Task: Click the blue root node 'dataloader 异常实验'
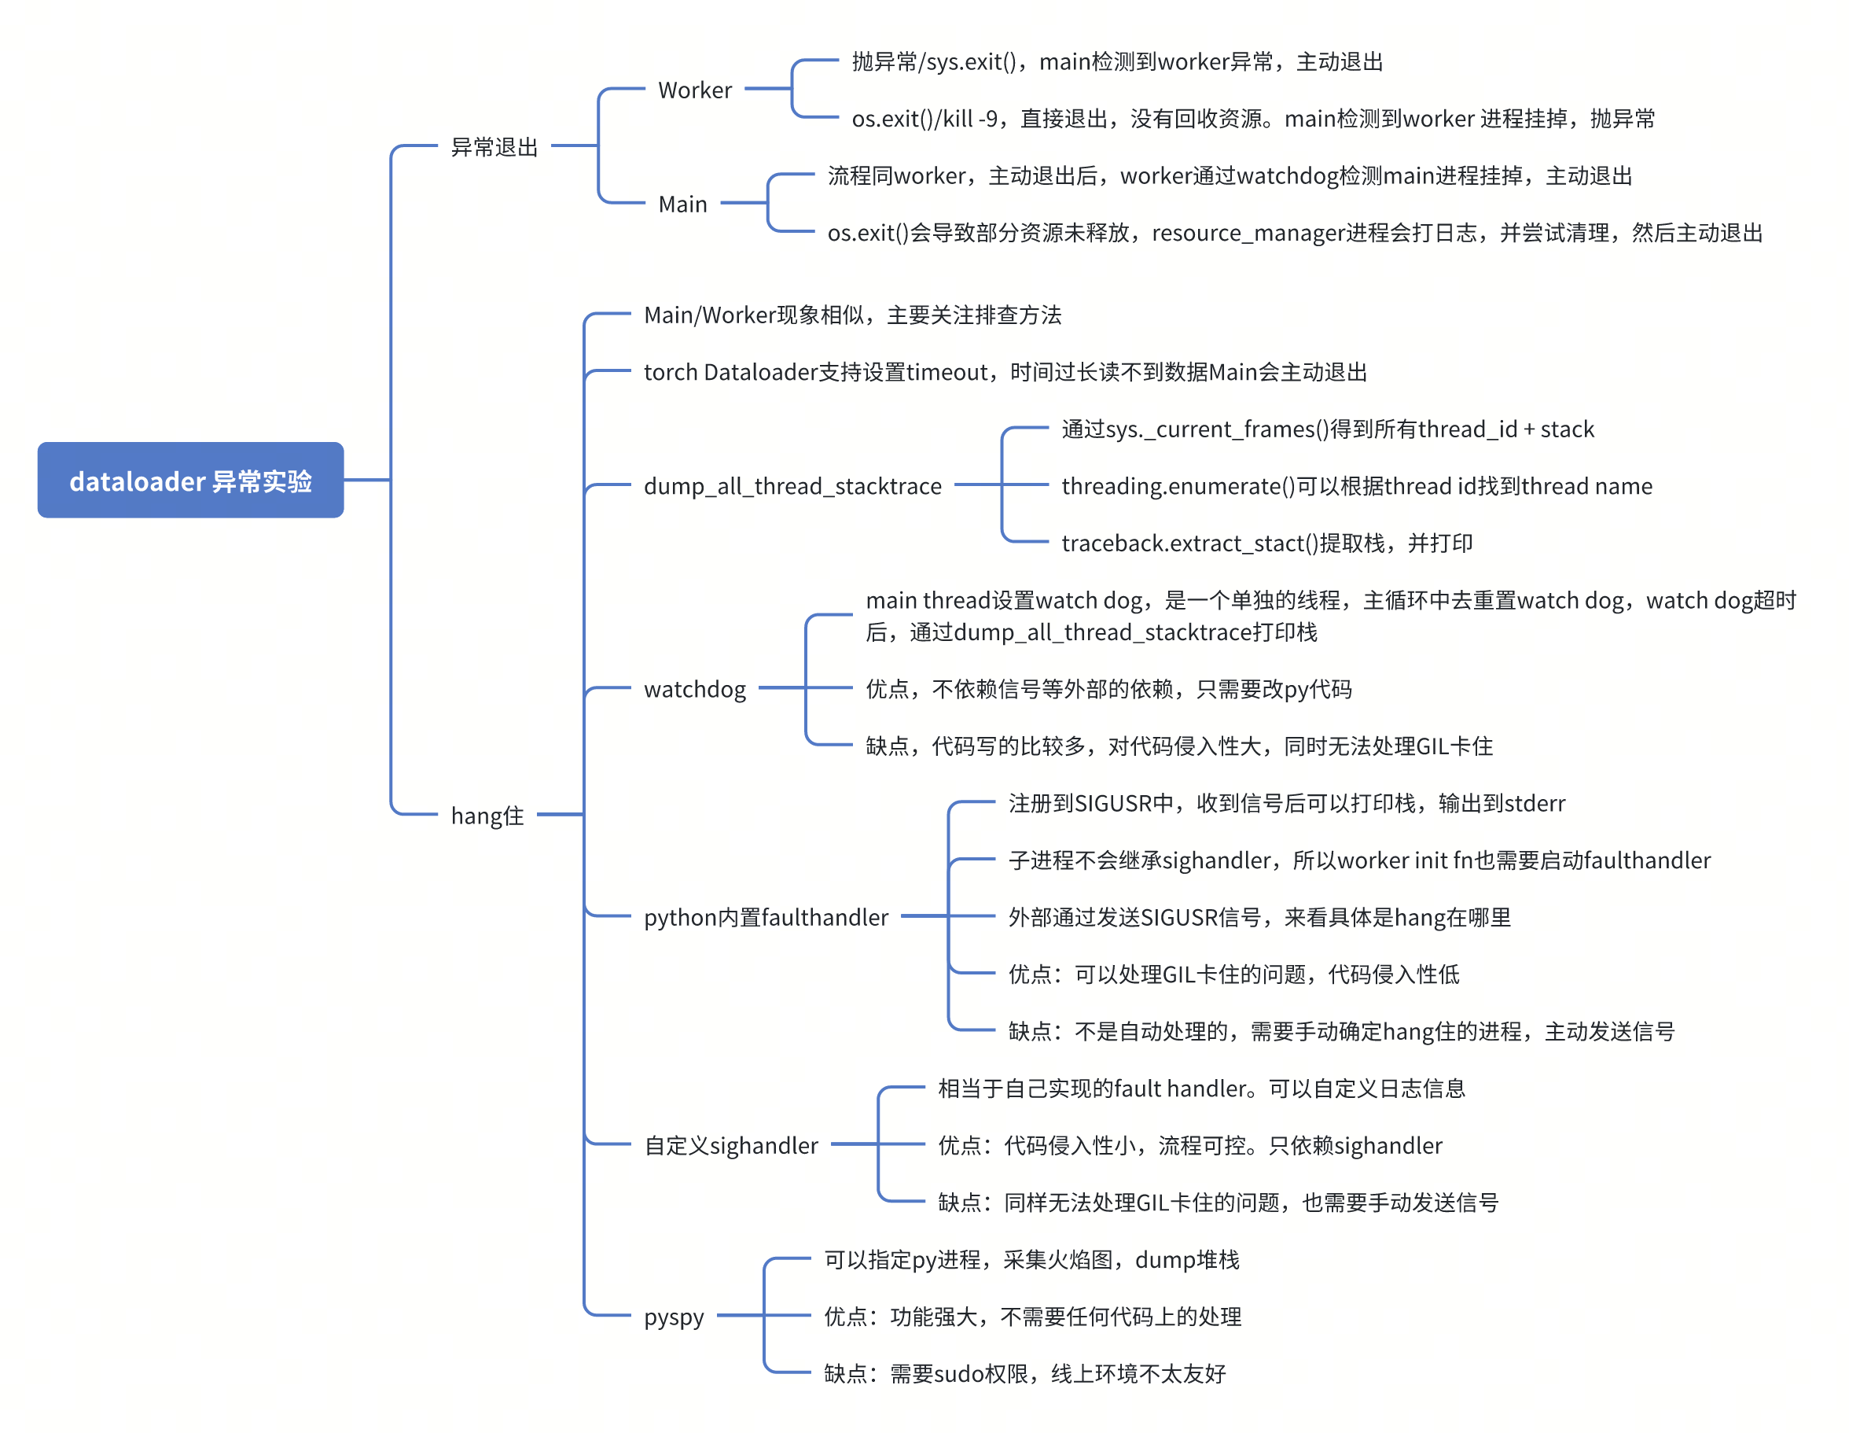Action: tap(190, 481)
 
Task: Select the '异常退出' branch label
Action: tap(494, 147)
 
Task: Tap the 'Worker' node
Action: tap(694, 90)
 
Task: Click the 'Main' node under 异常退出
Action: tap(682, 204)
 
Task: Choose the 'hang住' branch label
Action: tap(487, 816)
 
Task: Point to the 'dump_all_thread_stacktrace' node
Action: tap(792, 486)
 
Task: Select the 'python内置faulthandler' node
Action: tap(766, 917)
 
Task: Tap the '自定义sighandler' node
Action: tap(731, 1146)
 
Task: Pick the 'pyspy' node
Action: tap(674, 1317)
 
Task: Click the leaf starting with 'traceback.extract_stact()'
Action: tap(1267, 543)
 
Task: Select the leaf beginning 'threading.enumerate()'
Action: tap(1357, 486)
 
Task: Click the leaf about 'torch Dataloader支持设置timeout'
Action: tap(1005, 372)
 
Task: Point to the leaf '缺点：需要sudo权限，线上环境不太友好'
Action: tap(1025, 1374)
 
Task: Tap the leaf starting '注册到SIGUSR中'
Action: tap(1287, 803)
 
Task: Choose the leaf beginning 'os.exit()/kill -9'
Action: tap(1253, 119)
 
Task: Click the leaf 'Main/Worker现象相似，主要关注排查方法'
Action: tap(852, 315)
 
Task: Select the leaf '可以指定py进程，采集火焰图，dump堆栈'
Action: tap(1032, 1260)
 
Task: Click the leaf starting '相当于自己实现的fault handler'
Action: tap(1201, 1089)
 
